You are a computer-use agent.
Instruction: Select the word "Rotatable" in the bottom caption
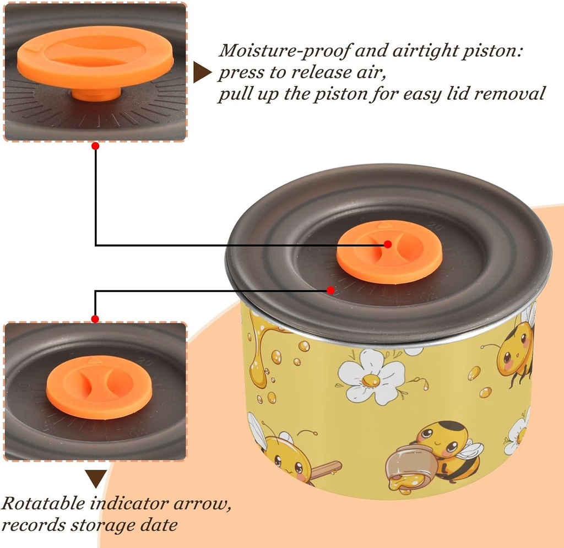click(43, 503)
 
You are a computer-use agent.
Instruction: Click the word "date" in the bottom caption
click(159, 525)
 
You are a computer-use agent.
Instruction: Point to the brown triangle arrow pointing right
click(202, 73)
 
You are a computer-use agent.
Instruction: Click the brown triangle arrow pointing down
click(96, 479)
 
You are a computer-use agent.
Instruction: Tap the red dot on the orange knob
click(388, 244)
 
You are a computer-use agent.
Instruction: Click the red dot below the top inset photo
click(95, 146)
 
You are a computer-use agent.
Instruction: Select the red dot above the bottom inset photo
click(95, 319)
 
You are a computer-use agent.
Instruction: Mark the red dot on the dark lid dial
click(331, 290)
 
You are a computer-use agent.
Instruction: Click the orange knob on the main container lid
click(389, 252)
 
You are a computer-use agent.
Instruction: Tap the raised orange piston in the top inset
click(95, 61)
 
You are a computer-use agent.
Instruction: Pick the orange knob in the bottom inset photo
click(99, 387)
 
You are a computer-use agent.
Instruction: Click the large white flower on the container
click(371, 377)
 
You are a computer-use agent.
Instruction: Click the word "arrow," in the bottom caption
click(202, 504)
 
